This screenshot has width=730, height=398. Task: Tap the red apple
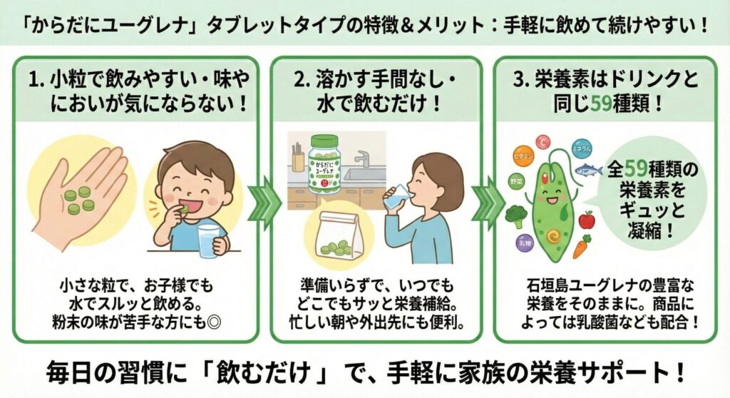(587, 220)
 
